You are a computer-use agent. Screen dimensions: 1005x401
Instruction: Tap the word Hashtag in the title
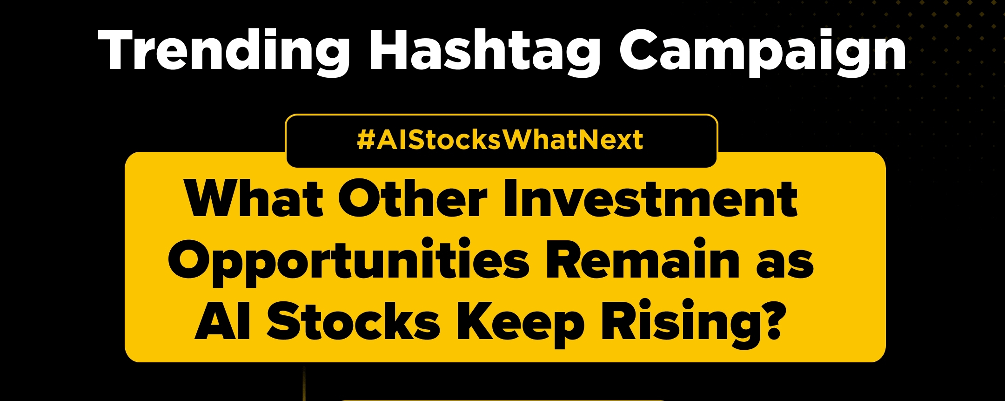484,50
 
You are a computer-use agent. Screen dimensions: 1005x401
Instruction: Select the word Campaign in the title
763,50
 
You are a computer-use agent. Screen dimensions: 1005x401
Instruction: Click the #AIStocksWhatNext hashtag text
500,140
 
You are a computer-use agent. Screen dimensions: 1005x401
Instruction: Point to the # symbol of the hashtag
366,140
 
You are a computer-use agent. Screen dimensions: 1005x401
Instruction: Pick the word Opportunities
348,260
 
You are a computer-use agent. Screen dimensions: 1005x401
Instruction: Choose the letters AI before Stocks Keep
223,321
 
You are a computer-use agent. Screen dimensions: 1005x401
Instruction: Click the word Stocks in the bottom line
353,321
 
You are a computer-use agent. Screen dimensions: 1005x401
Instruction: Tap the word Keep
520,324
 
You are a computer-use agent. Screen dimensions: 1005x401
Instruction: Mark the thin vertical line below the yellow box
304,382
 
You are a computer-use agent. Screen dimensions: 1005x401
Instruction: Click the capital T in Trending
119,50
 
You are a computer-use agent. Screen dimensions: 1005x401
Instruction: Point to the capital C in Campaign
640,50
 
